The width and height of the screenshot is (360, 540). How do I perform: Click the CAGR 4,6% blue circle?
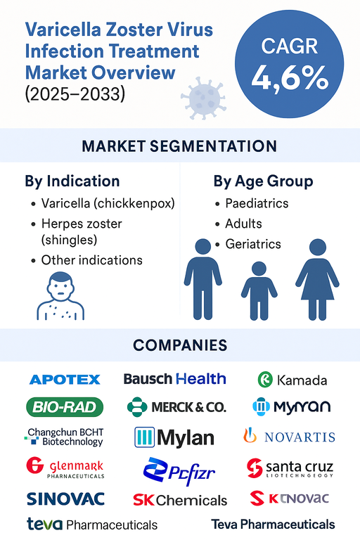289,65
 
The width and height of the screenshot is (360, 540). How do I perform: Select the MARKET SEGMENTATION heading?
179,146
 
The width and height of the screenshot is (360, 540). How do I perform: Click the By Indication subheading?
72,181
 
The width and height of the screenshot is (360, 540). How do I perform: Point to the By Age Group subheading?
263,181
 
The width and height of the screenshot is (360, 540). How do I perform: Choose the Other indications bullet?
91,260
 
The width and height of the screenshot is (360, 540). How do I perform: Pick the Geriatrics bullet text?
252,244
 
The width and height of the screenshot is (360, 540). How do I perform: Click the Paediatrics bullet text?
257,203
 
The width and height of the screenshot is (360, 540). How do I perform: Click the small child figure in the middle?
259,288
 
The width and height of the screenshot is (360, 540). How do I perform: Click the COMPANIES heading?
180,345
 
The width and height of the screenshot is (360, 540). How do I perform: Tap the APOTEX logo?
65,380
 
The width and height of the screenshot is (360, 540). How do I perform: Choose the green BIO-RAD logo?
65,406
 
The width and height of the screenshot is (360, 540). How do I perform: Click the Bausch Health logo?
174,379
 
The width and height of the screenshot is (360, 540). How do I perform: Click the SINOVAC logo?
65,499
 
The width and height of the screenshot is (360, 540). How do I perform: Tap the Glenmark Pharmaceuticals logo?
65,468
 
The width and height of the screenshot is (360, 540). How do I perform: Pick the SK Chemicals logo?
180,500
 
